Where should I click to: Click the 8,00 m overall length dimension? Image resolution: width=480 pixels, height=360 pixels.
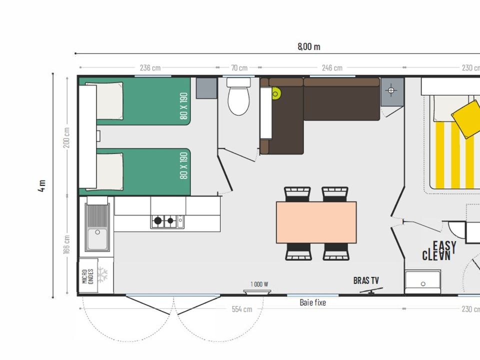[x=309, y=46]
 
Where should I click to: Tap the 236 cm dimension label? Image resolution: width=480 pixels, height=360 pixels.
[x=150, y=67]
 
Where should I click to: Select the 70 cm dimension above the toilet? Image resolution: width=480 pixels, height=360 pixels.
[x=239, y=67]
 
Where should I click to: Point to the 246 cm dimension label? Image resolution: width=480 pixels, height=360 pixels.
[x=332, y=67]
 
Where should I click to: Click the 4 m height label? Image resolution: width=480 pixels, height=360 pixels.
[x=42, y=186]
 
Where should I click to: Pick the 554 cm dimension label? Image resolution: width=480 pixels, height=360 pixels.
[x=242, y=309]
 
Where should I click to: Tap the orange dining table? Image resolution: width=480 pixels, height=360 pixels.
[x=316, y=222]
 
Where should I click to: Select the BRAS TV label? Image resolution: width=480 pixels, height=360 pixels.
[x=366, y=280]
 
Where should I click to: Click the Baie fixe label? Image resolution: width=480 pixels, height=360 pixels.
[x=313, y=303]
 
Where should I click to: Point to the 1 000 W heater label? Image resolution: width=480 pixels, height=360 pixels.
[x=259, y=284]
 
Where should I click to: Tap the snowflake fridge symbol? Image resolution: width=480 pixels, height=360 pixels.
[x=102, y=274]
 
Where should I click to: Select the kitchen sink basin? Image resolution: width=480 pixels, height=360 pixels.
[x=97, y=238]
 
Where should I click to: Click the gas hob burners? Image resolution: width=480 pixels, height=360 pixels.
[x=164, y=220]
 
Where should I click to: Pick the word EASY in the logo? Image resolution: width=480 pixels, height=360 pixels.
[x=444, y=246]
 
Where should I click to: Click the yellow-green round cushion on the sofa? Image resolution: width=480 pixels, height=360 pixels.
[x=275, y=93]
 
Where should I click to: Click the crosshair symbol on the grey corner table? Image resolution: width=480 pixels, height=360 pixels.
[x=391, y=90]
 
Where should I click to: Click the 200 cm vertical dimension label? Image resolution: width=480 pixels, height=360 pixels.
[x=66, y=138]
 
